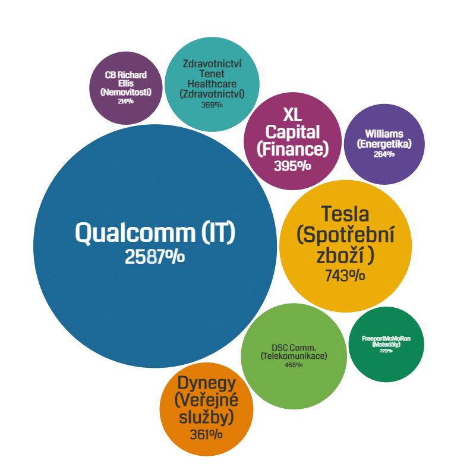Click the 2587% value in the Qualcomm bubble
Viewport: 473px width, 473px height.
coord(154,257)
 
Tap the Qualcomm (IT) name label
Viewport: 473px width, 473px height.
coord(155,232)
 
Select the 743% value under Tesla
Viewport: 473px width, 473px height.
coord(345,276)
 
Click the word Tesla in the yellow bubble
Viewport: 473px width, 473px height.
coord(345,214)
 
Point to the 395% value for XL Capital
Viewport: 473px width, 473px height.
coord(292,166)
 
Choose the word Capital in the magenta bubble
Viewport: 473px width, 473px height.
coord(292,131)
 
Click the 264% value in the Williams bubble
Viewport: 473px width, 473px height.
coord(384,154)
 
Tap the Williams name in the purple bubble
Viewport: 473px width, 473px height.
coord(384,134)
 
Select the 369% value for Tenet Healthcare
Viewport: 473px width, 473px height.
coord(212,105)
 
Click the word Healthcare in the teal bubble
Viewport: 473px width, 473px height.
coord(212,84)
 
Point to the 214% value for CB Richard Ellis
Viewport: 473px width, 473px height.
coord(125,102)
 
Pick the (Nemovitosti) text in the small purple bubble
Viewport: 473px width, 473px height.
coord(125,92)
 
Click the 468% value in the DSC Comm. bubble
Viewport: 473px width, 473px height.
coord(294,365)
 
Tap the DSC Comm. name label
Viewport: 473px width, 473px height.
coord(294,347)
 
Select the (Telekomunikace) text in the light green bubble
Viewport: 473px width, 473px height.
coord(294,356)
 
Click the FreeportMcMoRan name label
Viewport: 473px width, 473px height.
coord(386,339)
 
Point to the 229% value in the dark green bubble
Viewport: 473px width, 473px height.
coord(386,351)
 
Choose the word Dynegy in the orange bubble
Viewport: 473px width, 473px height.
coord(207,383)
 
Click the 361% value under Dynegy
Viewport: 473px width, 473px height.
coord(206,434)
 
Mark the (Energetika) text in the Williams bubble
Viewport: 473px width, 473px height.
coord(384,144)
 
